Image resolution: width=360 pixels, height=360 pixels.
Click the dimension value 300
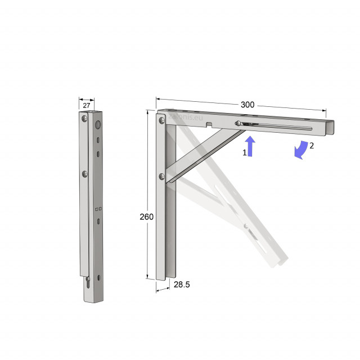click(x=247, y=105)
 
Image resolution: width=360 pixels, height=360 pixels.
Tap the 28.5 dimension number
click(x=182, y=285)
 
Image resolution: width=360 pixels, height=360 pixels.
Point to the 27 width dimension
click(x=87, y=105)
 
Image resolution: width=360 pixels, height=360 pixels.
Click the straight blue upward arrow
click(x=251, y=146)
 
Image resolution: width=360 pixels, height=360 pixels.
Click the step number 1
click(x=245, y=152)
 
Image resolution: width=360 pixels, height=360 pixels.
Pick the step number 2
click(x=312, y=145)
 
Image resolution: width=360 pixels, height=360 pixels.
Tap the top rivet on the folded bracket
click(x=83, y=119)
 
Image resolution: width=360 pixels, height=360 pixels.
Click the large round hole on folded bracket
click(x=97, y=124)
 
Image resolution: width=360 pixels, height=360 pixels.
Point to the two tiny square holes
click(x=98, y=209)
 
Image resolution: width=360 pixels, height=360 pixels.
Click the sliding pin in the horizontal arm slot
click(x=239, y=124)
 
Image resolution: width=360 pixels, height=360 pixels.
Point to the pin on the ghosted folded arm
click(x=246, y=226)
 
